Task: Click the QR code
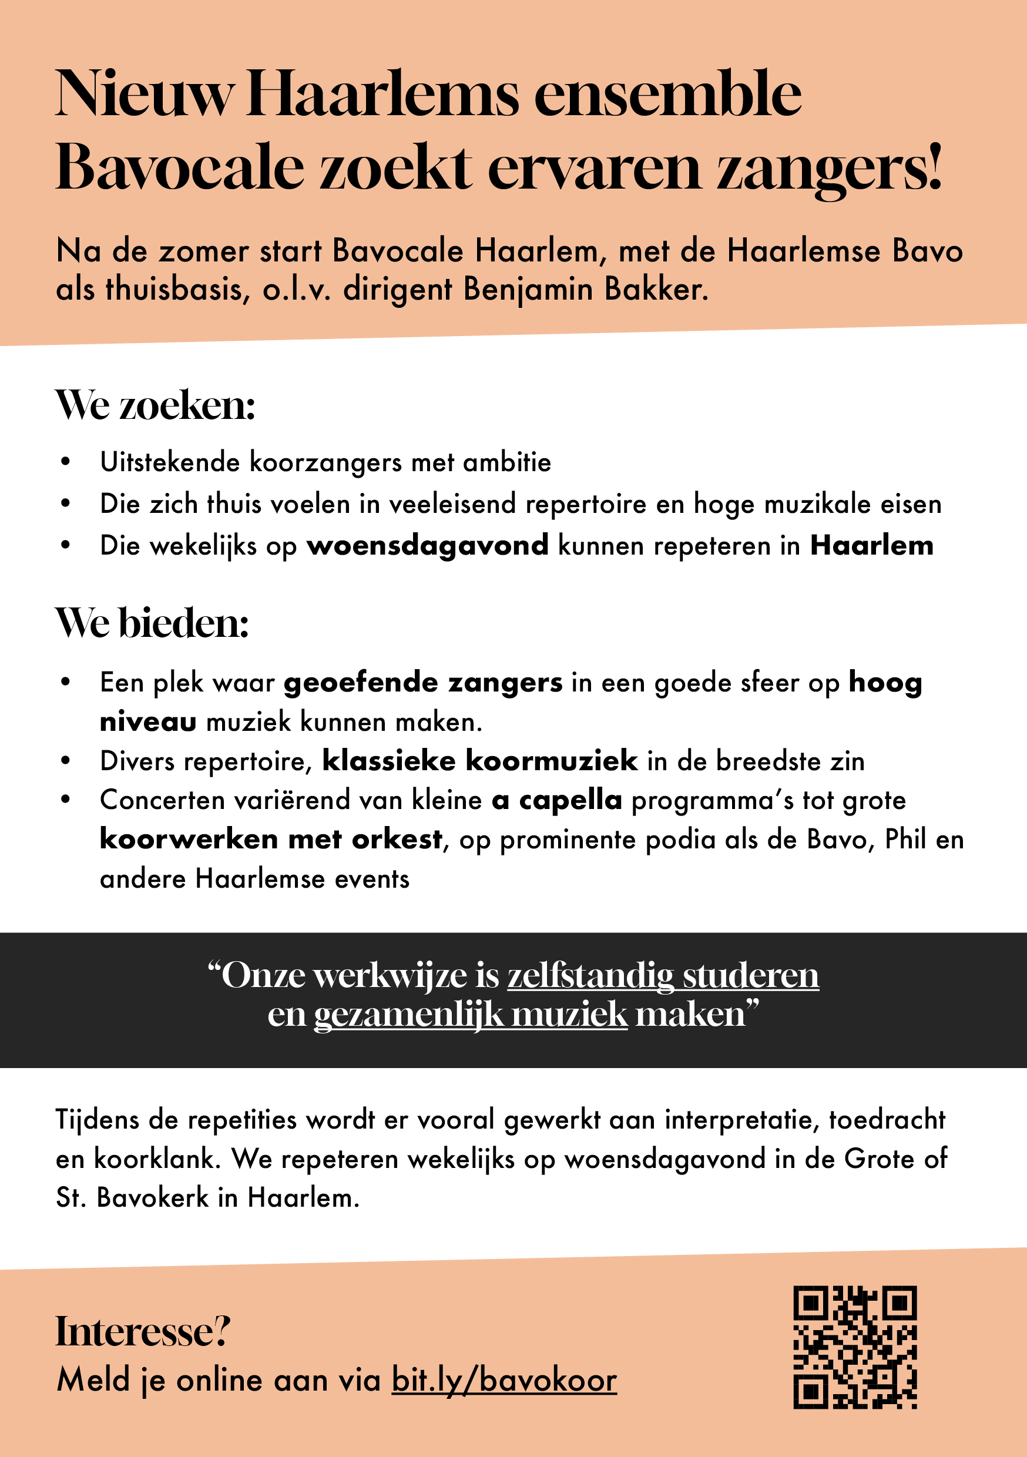(855, 1347)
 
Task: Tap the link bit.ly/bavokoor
(504, 1380)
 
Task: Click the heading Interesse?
(143, 1331)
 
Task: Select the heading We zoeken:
(156, 405)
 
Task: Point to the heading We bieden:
(152, 623)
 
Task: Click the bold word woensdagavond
(428, 546)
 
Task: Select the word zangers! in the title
(829, 168)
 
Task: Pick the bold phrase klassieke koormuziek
(480, 761)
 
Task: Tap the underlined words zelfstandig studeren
(663, 975)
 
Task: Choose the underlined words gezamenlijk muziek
(471, 1015)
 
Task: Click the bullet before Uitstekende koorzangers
(65, 462)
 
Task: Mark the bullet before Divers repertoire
(65, 761)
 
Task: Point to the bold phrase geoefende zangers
(423, 683)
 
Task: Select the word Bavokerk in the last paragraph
(152, 1198)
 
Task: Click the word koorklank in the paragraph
(156, 1159)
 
